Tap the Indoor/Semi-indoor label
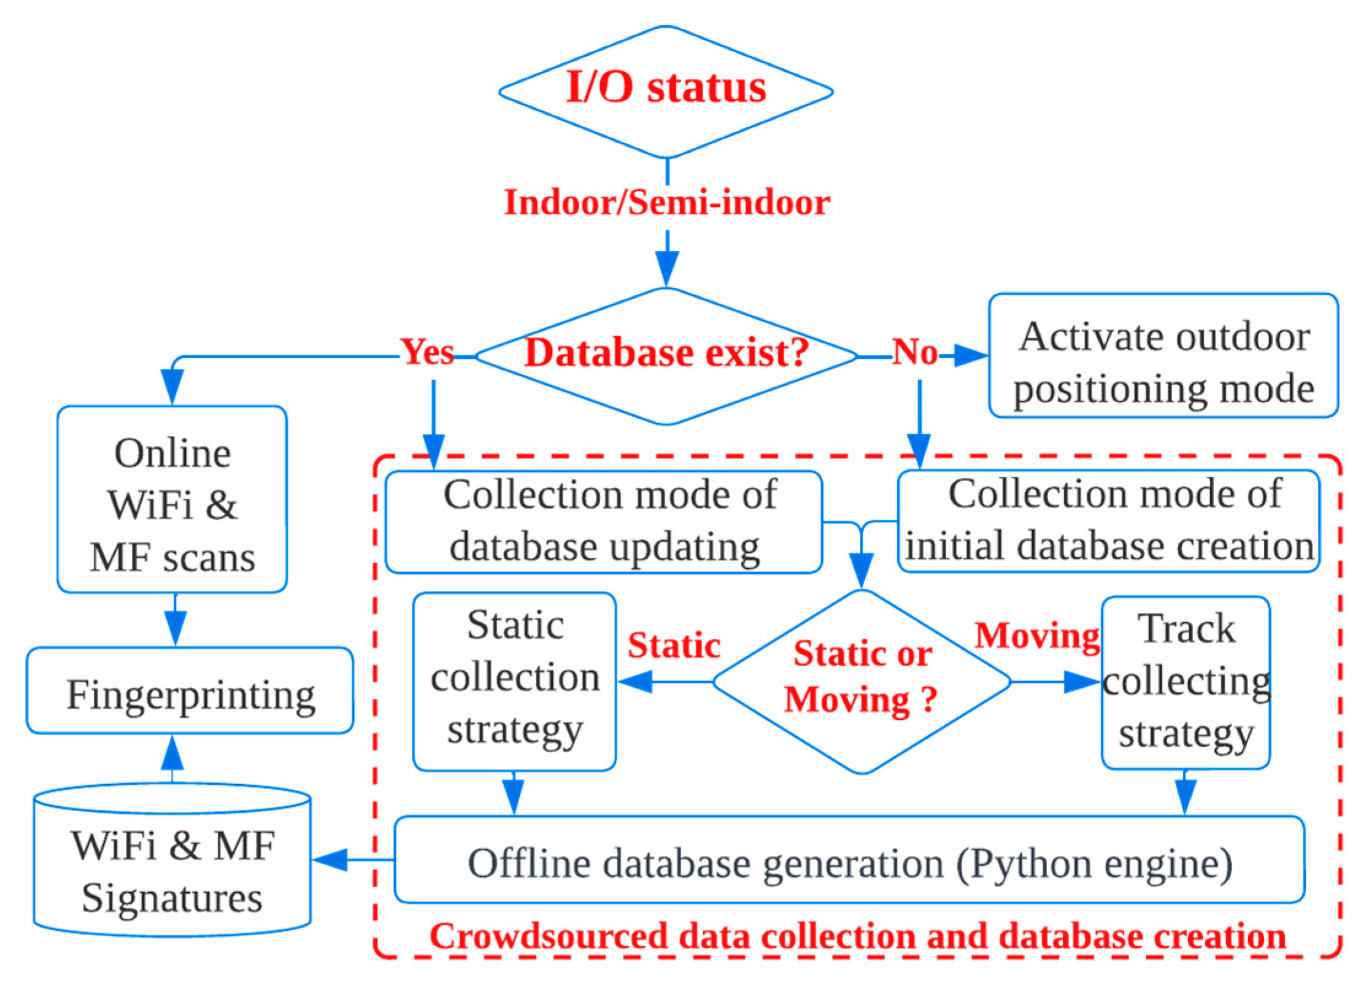(x=666, y=202)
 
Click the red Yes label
(x=426, y=352)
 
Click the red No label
(x=914, y=352)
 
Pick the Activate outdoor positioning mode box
(x=1163, y=355)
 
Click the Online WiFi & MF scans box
(x=172, y=499)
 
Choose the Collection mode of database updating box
(x=603, y=521)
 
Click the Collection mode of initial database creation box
(x=1108, y=521)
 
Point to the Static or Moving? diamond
(x=861, y=681)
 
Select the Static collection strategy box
(x=514, y=680)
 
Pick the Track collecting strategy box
(x=1185, y=681)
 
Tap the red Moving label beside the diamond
(x=1036, y=635)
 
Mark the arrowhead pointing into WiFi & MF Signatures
(x=330, y=859)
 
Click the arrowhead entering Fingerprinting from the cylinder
(x=172, y=753)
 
